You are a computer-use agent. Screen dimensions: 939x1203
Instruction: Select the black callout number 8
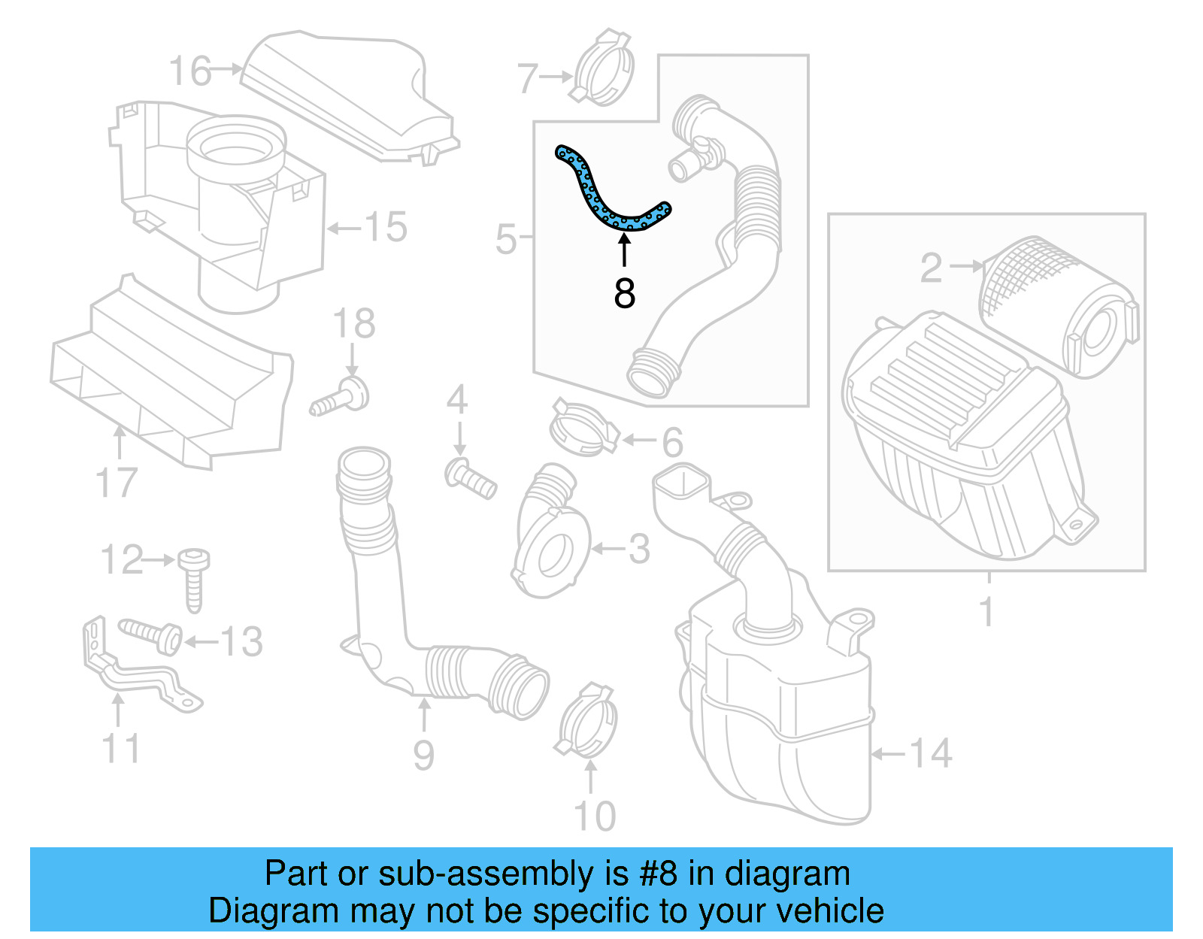624,294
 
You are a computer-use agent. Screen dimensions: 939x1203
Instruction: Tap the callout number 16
189,71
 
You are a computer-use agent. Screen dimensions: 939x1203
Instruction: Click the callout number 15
385,227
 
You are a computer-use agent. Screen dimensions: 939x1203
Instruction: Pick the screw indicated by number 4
471,478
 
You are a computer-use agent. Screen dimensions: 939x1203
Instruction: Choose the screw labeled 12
194,579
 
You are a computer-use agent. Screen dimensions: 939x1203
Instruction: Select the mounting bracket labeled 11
135,669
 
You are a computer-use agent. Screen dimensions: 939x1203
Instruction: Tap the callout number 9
423,755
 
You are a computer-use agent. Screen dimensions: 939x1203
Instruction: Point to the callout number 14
930,753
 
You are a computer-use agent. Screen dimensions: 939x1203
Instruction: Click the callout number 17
117,483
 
